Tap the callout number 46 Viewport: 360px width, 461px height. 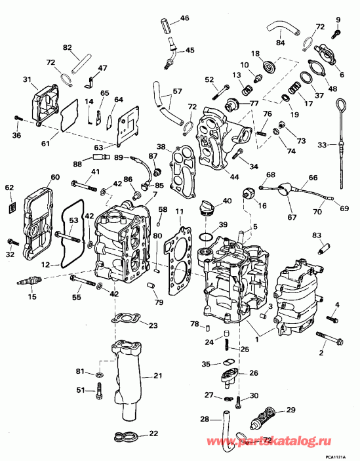184,18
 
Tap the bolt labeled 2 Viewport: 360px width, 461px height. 329,338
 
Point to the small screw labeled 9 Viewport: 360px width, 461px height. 336,33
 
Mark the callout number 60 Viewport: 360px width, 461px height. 55,177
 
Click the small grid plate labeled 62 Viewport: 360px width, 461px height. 12,207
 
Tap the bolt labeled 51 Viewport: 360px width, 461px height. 99,390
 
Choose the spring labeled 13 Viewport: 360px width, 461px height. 247,89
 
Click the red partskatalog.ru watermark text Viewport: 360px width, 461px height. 269,441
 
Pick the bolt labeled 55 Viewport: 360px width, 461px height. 83,281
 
